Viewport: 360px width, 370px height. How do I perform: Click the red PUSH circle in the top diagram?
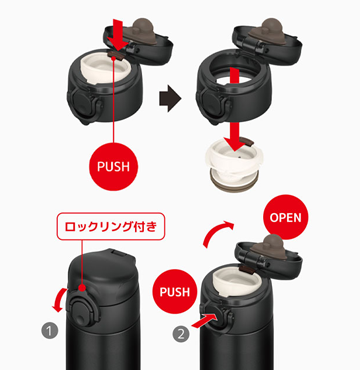click(113, 167)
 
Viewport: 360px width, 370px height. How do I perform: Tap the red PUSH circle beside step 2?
click(175, 292)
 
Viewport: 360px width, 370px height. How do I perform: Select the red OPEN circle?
click(286, 217)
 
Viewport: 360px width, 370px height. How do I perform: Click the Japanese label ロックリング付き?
click(111, 227)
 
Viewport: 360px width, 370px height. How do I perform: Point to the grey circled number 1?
click(50, 331)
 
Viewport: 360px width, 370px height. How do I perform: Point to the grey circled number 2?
click(181, 334)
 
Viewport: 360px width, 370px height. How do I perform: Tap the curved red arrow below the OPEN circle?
click(217, 233)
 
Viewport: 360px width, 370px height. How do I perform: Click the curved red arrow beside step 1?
click(59, 300)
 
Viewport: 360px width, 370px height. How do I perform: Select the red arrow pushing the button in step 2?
click(204, 321)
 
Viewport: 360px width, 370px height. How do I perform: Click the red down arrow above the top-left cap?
click(119, 35)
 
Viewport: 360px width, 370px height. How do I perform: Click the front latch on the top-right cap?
click(213, 103)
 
